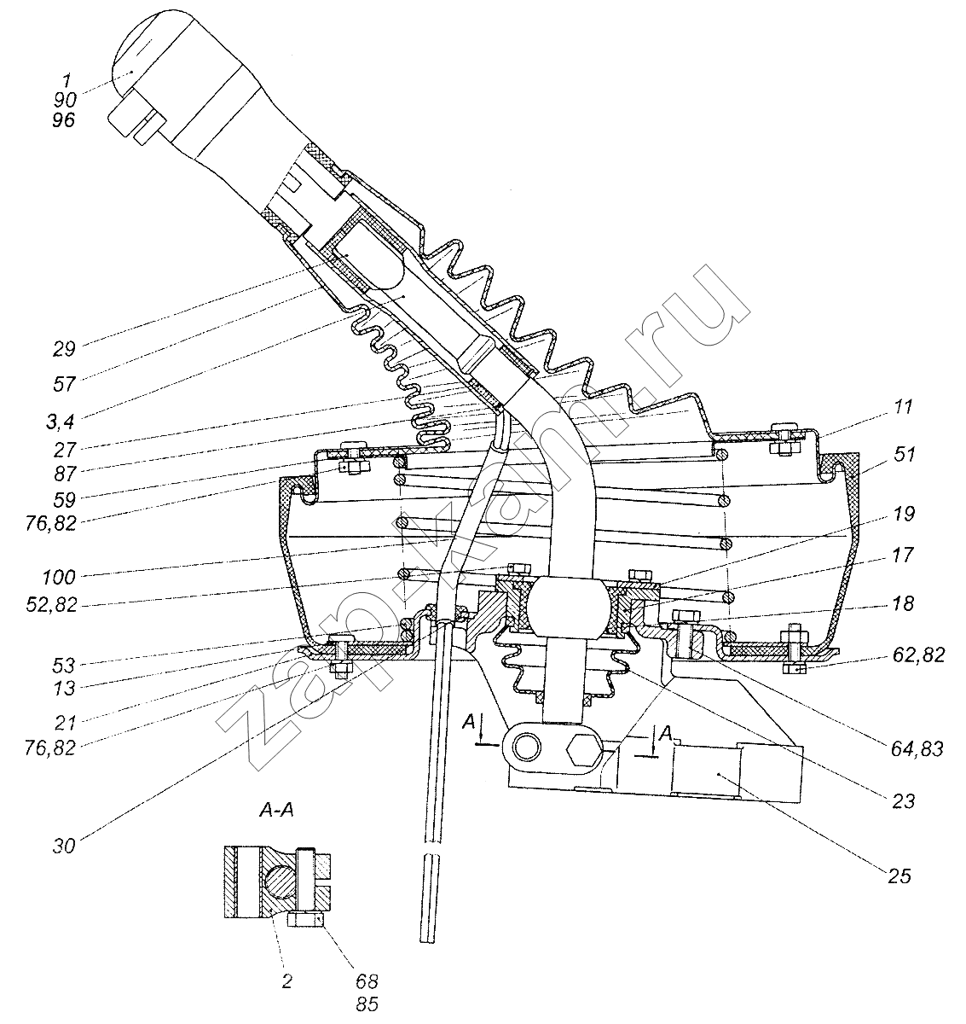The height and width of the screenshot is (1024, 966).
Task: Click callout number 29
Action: coord(64,350)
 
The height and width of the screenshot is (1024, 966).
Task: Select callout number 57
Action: coord(64,384)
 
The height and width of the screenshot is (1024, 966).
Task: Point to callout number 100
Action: coord(59,577)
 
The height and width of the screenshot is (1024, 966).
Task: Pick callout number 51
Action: coord(904,455)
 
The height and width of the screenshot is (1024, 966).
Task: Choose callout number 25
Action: coord(899,876)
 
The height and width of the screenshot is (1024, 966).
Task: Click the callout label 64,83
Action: coord(917,748)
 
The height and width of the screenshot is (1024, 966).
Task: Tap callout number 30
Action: coord(64,847)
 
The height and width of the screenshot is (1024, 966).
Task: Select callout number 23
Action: coord(903,802)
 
